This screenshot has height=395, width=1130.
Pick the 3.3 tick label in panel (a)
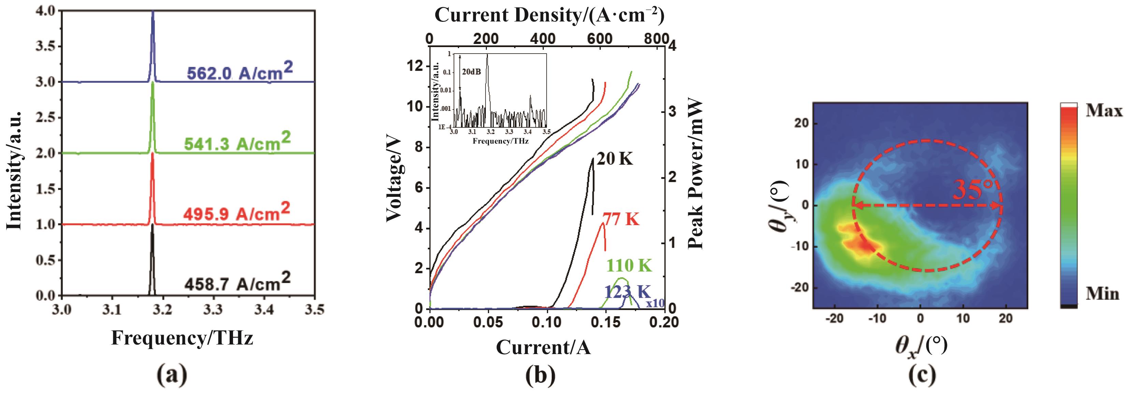(214, 310)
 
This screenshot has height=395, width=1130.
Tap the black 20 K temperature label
(615, 159)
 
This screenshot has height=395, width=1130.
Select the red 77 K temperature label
(621, 219)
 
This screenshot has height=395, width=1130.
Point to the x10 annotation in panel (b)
(654, 303)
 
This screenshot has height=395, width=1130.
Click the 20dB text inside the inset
(472, 71)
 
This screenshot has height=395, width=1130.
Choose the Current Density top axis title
(549, 16)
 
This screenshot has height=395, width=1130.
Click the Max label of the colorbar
(1104, 111)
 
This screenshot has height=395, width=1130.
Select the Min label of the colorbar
(1102, 293)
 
